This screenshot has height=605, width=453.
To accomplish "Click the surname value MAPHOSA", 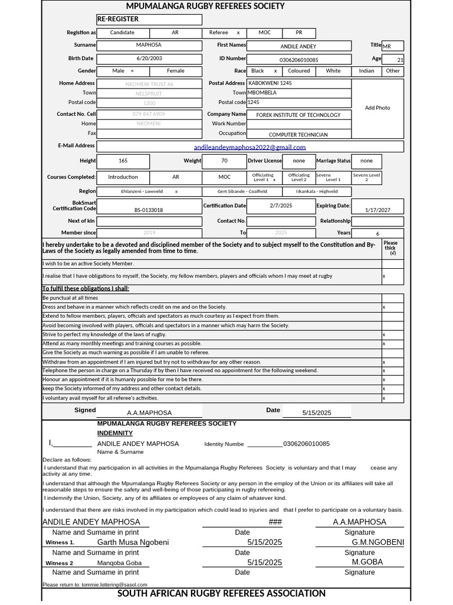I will (x=149, y=45).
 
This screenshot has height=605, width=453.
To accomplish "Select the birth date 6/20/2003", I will (x=149, y=58).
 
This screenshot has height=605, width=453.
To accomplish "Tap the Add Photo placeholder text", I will (x=377, y=108).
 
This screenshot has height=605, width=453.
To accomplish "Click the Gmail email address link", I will (x=250, y=147).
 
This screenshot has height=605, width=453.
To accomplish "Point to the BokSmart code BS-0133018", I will (x=149, y=210).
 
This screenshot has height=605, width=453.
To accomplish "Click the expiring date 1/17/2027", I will (x=377, y=210).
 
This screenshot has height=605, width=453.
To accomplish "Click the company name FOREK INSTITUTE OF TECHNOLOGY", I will (x=298, y=115).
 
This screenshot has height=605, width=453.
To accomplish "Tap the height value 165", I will (x=123, y=161).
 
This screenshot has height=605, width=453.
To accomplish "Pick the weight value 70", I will (x=224, y=161).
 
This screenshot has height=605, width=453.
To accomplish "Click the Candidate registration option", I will (x=122, y=32).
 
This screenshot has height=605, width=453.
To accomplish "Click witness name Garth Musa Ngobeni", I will (x=133, y=542).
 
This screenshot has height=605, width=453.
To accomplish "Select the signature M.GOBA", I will (x=367, y=562).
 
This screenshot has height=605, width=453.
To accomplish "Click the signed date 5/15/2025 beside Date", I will (x=317, y=413).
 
